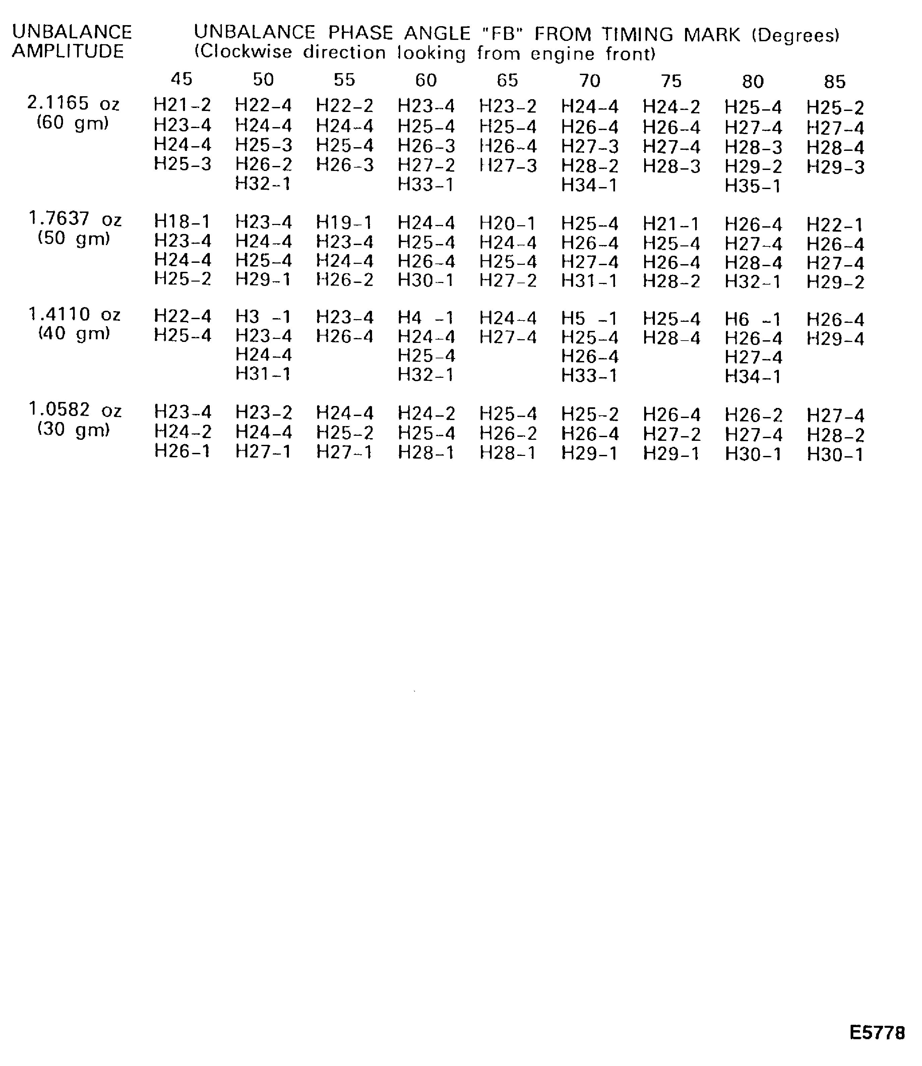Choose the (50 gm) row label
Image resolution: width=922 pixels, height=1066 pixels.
click(74, 239)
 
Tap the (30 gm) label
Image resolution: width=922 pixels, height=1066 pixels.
click(74, 429)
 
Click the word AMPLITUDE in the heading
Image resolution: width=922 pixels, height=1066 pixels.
click(68, 51)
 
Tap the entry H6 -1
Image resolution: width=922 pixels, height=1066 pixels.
click(753, 319)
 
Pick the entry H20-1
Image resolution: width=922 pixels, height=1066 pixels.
click(508, 223)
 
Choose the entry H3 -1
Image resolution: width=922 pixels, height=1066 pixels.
click(263, 316)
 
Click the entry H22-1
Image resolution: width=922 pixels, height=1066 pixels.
click(835, 225)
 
